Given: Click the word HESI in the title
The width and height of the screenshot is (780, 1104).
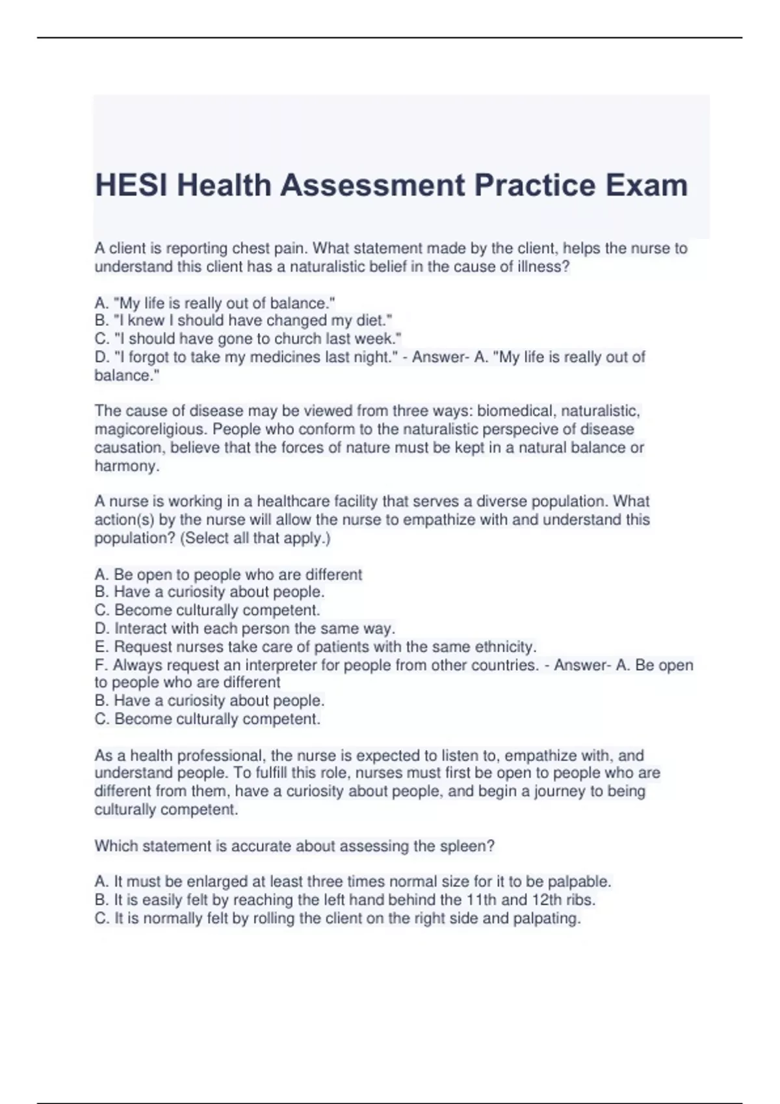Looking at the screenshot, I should coord(131,185).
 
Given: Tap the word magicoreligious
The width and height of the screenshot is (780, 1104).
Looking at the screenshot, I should coord(149,429).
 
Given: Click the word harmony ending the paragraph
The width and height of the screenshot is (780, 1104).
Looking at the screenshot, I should coord(125,466).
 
